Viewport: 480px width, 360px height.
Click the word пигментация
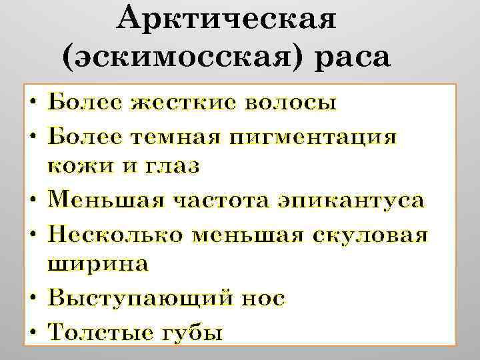(313, 137)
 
